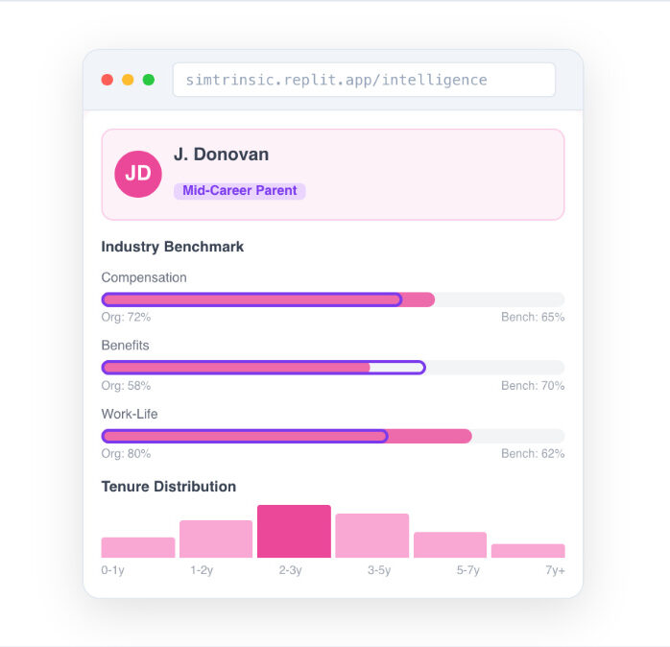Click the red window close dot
click(108, 80)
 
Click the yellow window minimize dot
click(128, 80)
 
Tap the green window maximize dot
click(149, 80)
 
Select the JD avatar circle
click(138, 174)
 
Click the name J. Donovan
click(221, 155)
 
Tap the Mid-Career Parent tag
click(239, 191)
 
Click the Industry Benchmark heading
click(173, 247)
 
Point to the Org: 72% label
click(126, 317)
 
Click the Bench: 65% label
click(533, 317)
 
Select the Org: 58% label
click(126, 386)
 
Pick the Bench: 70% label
click(533, 386)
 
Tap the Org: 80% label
click(126, 454)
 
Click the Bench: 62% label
click(533, 454)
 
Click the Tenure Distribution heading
click(169, 487)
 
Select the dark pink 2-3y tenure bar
click(294, 532)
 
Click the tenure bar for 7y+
click(528, 551)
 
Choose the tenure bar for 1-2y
click(216, 539)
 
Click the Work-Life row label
click(130, 414)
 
